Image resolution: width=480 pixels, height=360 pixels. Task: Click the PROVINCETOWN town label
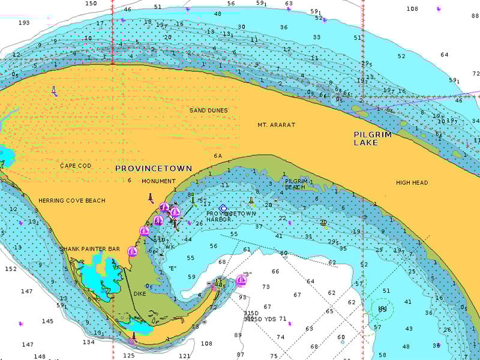(154, 169)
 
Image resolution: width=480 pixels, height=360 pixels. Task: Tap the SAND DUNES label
(208, 110)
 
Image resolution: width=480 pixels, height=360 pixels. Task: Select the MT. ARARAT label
(276, 125)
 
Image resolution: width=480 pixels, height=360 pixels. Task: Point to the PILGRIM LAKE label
(373, 139)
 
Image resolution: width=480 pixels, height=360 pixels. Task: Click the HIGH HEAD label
(412, 182)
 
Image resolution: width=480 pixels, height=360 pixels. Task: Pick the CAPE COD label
(76, 166)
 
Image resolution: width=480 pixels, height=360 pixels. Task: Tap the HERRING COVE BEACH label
(71, 200)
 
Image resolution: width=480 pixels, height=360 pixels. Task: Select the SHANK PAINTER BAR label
(89, 248)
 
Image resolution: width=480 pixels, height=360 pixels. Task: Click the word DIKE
(140, 294)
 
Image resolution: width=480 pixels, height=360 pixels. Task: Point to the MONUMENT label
(158, 181)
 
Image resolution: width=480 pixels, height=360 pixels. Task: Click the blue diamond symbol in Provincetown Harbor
(223, 208)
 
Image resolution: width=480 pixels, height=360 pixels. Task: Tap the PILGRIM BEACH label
(296, 184)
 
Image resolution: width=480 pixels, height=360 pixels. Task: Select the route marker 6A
(218, 156)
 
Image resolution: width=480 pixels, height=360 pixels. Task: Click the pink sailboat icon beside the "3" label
(241, 280)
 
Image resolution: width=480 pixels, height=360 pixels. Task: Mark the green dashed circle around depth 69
(382, 309)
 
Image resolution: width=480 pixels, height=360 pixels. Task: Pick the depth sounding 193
(24, 23)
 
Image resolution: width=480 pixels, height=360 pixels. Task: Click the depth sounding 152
(11, 269)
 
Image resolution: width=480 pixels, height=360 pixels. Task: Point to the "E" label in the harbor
(172, 268)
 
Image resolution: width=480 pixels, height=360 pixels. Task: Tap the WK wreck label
(170, 247)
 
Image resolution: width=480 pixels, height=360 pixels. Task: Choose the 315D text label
(251, 313)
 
